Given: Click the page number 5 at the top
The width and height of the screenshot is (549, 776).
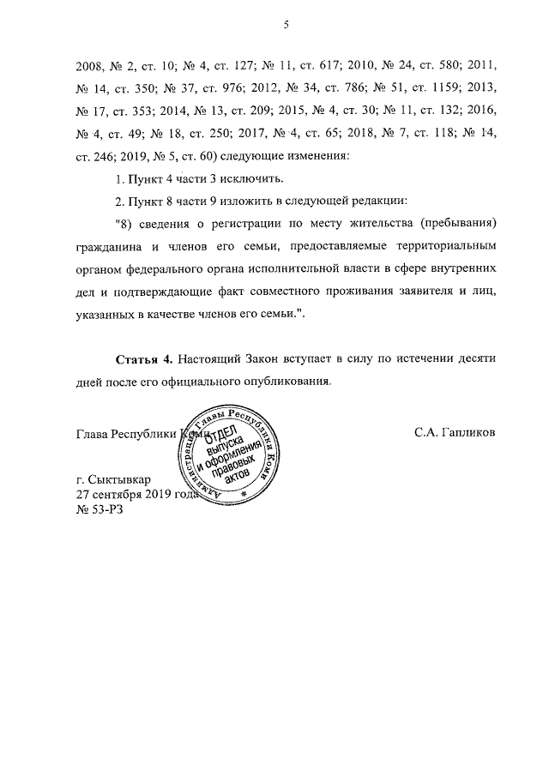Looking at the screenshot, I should pyautogui.click(x=284, y=27).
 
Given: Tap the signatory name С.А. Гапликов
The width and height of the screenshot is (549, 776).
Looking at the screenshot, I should pyautogui.click(x=455, y=430).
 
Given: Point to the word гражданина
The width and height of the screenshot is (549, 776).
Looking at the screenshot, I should pyautogui.click(x=108, y=246).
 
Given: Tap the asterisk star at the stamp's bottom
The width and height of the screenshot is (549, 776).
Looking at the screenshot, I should pyautogui.click(x=244, y=495).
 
